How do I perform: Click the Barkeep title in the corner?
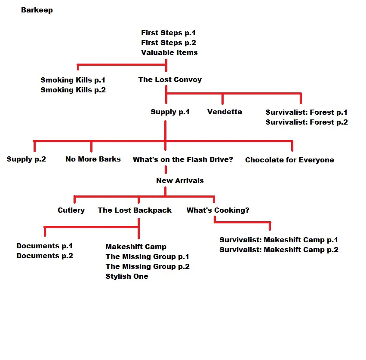37,10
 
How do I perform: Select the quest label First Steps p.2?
169,43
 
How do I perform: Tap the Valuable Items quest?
169,52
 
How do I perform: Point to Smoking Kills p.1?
73,80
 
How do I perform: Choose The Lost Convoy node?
170,79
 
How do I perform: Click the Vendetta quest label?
225,112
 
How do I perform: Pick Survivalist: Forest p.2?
307,122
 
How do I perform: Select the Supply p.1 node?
170,112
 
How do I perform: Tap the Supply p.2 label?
26,159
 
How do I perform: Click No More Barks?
93,159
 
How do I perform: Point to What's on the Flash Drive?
183,159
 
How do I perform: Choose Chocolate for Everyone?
289,160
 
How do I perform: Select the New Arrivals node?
180,180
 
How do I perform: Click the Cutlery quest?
71,210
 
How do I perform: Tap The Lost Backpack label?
135,210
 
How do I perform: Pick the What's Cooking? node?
218,210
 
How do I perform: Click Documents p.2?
45,256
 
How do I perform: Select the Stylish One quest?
127,276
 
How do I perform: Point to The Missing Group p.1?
147,257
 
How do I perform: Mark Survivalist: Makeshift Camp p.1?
279,240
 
